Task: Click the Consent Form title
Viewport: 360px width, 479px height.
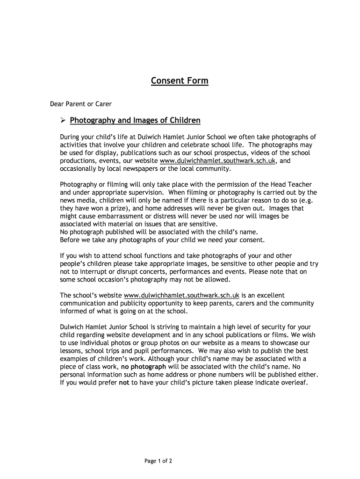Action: point(180,81)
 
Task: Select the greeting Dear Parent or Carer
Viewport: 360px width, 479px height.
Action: point(81,103)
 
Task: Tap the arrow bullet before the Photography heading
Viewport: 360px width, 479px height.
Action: point(64,121)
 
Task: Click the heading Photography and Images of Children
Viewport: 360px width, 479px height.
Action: point(135,121)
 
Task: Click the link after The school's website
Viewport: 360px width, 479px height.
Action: point(181,296)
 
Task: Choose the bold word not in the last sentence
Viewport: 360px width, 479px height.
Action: point(124,382)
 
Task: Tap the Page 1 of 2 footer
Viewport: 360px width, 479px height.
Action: point(158,461)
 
